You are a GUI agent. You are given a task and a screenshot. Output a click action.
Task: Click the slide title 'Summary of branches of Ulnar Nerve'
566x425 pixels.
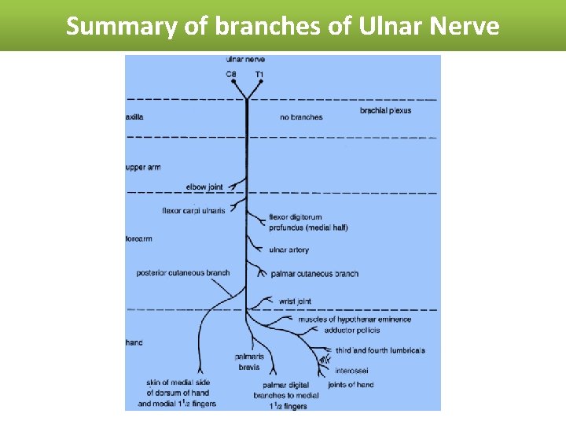(282, 26)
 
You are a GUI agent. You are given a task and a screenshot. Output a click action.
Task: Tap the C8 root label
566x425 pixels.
(230, 74)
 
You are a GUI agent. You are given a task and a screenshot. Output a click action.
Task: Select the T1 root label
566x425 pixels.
(259, 74)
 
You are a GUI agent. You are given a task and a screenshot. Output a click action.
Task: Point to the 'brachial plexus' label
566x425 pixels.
(385, 111)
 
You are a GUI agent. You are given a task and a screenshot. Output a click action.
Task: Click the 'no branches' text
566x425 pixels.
(301, 117)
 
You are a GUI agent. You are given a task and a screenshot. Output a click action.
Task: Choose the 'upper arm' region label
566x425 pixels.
(143, 168)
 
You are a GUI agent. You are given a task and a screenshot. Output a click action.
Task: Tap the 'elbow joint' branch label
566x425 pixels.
(204, 187)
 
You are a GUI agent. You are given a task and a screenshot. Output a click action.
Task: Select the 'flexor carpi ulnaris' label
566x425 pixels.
(193, 210)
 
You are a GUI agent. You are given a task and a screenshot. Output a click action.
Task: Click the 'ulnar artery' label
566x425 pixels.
(289, 249)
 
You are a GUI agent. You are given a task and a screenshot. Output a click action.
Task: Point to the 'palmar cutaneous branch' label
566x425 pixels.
(314, 274)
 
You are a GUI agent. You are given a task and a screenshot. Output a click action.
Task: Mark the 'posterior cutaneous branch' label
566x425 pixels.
(183, 273)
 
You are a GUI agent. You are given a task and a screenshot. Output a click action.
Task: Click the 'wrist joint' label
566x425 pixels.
(295, 301)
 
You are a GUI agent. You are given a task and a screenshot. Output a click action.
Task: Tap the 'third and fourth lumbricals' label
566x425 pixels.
(380, 350)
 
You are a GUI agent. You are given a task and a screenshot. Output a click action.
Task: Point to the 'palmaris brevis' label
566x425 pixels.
(248, 362)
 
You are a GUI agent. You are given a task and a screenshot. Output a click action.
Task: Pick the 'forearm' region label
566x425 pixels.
(139, 238)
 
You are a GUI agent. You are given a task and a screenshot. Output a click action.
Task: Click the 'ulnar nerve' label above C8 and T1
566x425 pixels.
(244, 59)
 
